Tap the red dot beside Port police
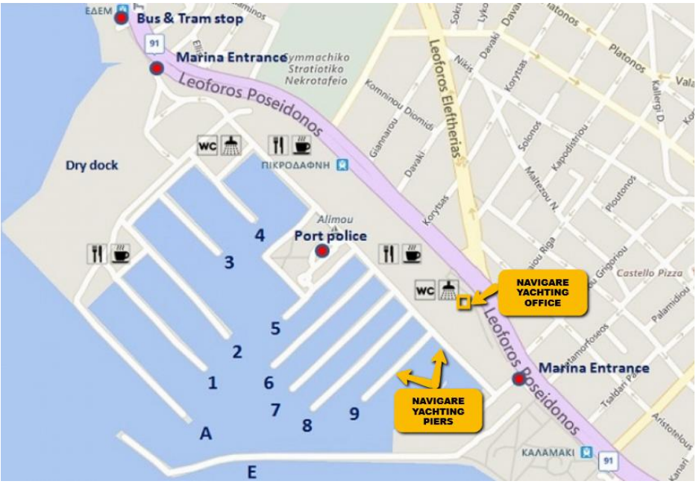(x=322, y=251)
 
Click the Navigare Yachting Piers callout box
(x=438, y=411)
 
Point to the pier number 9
(x=354, y=412)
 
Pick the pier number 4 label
(x=260, y=236)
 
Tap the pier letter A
(x=207, y=434)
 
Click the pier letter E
(x=251, y=472)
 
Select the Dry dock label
(x=92, y=165)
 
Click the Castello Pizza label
(x=649, y=274)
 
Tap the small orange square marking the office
(x=464, y=302)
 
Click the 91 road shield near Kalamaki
(x=608, y=461)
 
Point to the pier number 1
(x=213, y=383)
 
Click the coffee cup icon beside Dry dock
(x=120, y=254)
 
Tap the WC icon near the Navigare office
(x=424, y=289)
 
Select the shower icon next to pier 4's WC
(x=232, y=145)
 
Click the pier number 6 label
(x=269, y=383)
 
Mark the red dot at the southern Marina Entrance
(x=518, y=380)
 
